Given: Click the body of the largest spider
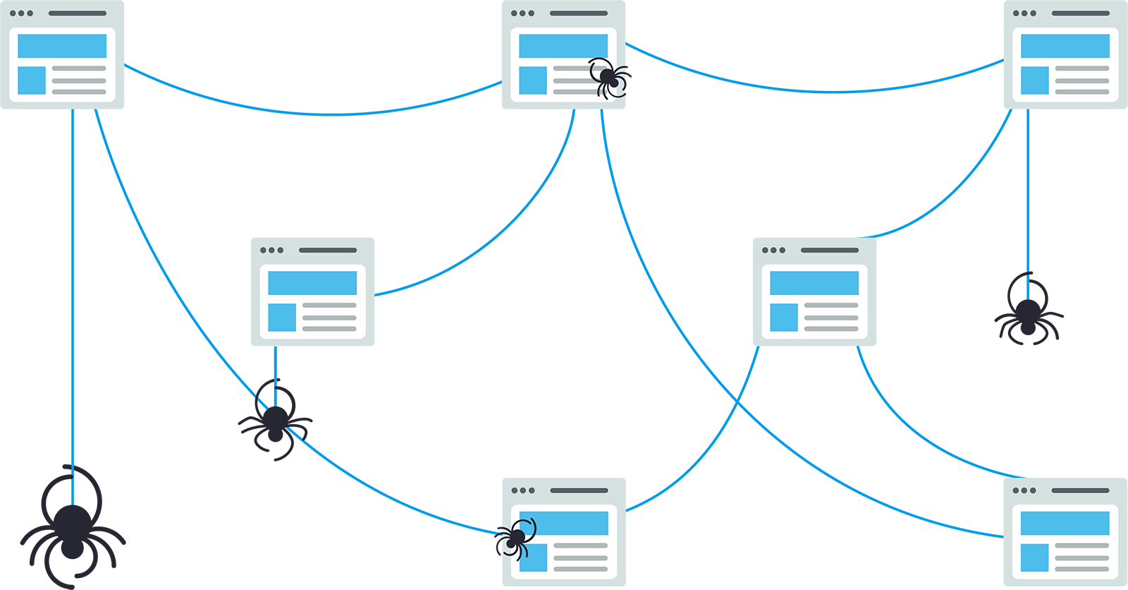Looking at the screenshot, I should pyautogui.click(x=72, y=529).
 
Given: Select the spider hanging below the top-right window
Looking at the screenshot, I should pyautogui.click(x=1028, y=314).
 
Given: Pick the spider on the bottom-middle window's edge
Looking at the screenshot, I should pyautogui.click(x=515, y=538).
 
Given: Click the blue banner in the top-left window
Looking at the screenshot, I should pyautogui.click(x=62, y=46).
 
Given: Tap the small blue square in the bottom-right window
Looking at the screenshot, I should pyautogui.click(x=1034, y=558).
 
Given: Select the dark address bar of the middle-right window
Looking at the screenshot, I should pyautogui.click(x=829, y=250).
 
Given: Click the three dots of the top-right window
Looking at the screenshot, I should pyautogui.click(x=1024, y=13).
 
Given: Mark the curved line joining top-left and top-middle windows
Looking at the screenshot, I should pyautogui.click(x=317, y=114).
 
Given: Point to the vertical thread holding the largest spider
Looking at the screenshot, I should pyautogui.click(x=73, y=282).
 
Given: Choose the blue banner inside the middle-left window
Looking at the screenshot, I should pyautogui.click(x=312, y=283).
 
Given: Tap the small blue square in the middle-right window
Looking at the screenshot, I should pyautogui.click(x=783, y=318).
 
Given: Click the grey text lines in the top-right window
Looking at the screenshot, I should pyautogui.click(x=1082, y=80).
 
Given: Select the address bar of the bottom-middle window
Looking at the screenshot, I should pyautogui.click(x=579, y=490).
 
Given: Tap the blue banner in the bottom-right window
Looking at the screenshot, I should pyautogui.click(x=1065, y=523).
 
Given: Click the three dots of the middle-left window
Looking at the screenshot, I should pyautogui.click(x=271, y=250).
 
